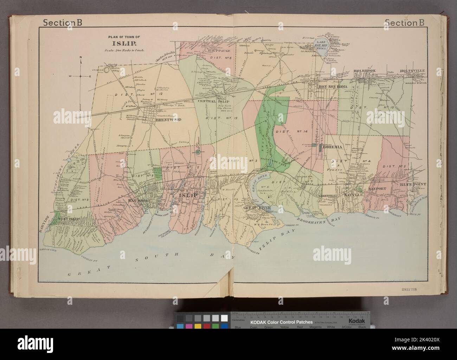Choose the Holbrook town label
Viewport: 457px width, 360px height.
(x=365, y=71)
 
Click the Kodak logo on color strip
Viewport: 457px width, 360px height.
(x=356, y=322)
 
